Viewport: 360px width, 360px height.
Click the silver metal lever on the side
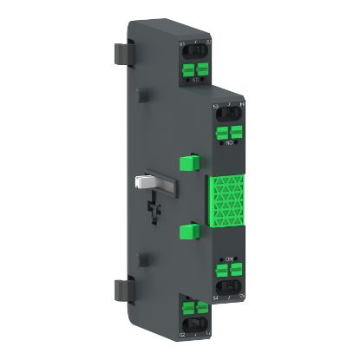click(149, 184)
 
